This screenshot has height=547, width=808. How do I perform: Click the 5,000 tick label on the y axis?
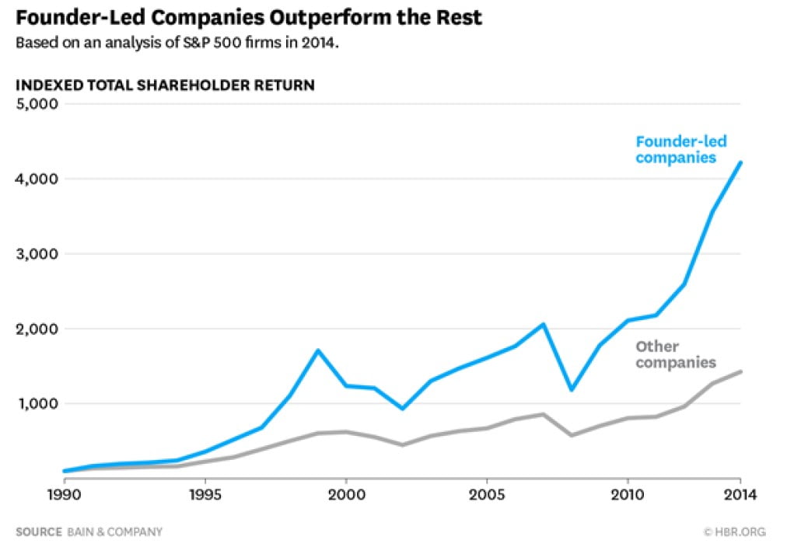(37, 104)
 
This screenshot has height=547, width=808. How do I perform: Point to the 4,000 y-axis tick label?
(37, 179)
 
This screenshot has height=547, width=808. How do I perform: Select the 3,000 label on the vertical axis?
(37, 254)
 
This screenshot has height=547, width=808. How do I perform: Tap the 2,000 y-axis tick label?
(37, 329)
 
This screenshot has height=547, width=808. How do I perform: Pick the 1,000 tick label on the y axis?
(37, 403)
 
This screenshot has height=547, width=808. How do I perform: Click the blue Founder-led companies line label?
(676, 149)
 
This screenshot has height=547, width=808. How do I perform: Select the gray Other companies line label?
(676, 354)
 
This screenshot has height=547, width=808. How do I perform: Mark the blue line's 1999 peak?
(317, 350)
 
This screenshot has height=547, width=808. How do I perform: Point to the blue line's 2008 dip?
(571, 389)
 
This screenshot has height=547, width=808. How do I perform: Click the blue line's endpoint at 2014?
(740, 162)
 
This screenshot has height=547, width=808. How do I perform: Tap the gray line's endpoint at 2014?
(740, 371)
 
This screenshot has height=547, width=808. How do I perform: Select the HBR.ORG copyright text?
(734, 532)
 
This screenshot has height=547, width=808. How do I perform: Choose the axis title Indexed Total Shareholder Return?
(165, 85)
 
